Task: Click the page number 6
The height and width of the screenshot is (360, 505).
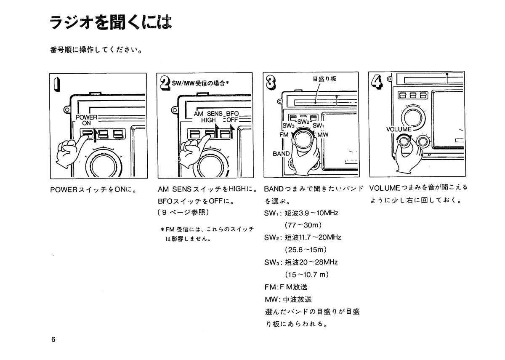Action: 53,340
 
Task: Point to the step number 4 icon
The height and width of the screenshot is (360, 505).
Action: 377,80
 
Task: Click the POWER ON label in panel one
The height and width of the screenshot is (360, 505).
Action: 87,120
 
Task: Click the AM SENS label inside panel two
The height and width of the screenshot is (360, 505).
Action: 205,114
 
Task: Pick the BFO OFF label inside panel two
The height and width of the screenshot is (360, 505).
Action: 232,117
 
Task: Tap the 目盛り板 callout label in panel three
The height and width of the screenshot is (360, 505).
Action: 324,78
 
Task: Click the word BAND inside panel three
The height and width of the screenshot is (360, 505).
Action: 281,154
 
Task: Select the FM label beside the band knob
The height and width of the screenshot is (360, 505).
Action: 284,134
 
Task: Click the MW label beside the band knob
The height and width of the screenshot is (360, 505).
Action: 323,135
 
